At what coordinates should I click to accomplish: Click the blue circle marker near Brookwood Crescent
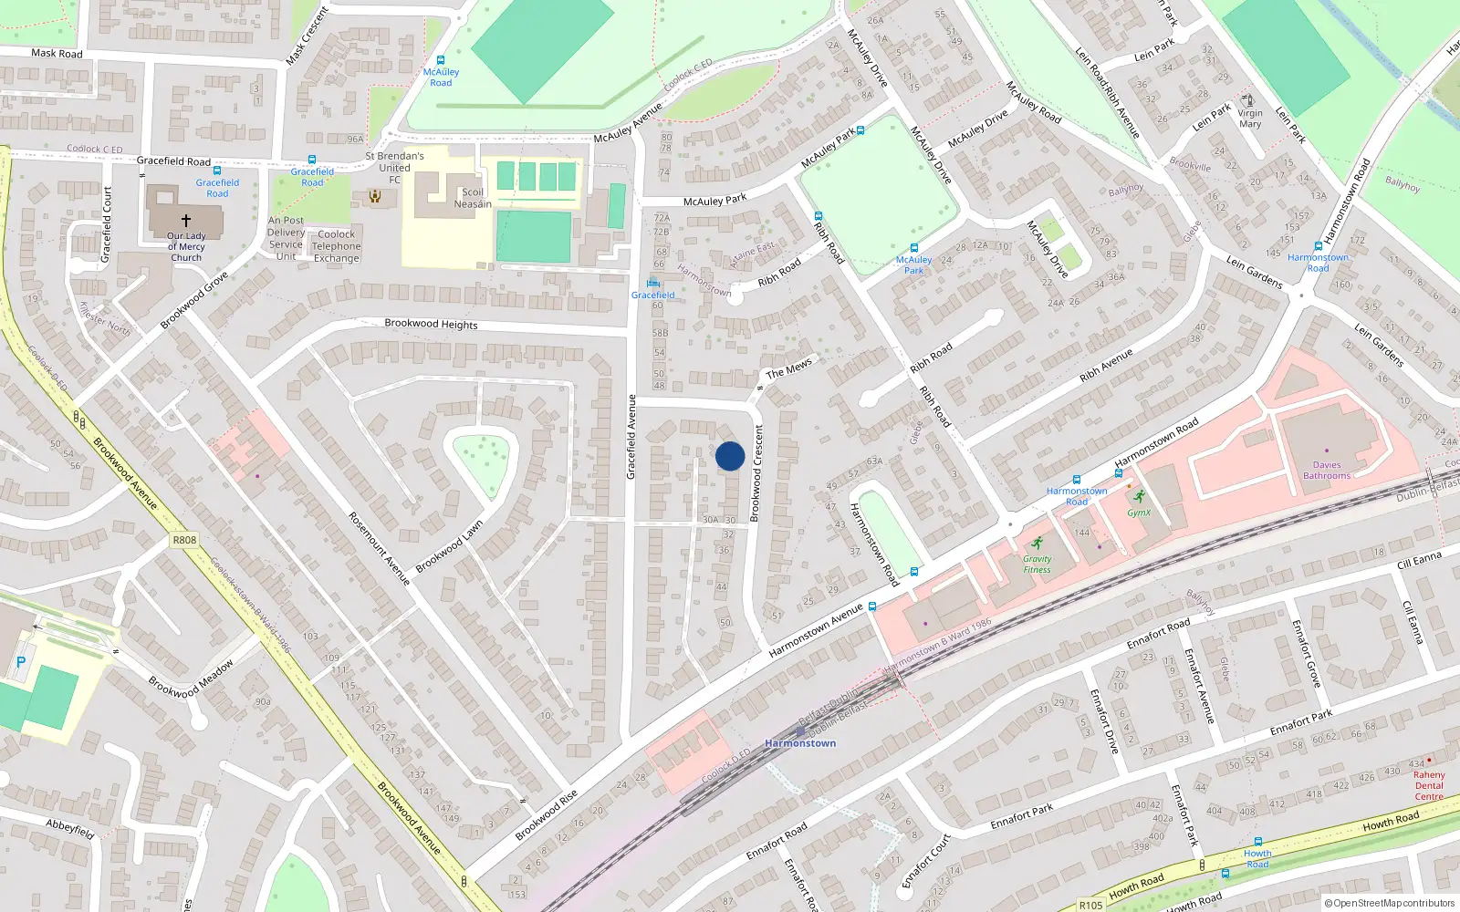point(730,456)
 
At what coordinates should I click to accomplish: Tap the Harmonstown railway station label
point(800,743)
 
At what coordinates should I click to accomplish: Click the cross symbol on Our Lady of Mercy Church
point(186,220)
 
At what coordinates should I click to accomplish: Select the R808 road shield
point(184,540)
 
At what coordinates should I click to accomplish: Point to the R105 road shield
point(1090,905)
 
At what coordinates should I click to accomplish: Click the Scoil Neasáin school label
point(473,198)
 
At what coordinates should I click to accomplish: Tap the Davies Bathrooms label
point(1327,471)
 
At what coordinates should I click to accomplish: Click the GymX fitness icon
point(1138,497)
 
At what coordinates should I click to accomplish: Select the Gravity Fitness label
point(1037,565)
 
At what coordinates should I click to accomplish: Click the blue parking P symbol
point(21,662)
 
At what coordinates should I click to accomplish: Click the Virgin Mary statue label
point(1250,119)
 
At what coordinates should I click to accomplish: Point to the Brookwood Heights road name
point(431,324)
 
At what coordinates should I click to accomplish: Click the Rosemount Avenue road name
point(379,547)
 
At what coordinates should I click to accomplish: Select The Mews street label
point(788,368)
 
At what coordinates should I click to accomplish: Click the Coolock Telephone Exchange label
point(337,246)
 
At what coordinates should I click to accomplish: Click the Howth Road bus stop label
point(1257,859)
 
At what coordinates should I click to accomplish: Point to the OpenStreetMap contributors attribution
point(1390,904)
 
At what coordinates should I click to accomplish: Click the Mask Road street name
point(57,54)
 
